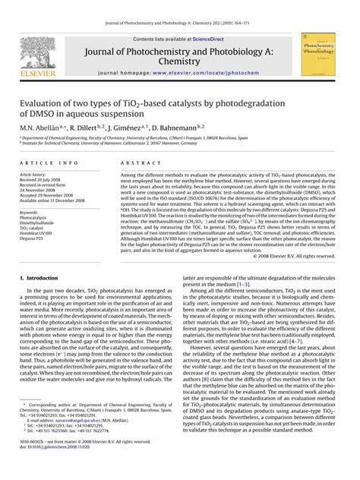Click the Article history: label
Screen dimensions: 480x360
(39, 173)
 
